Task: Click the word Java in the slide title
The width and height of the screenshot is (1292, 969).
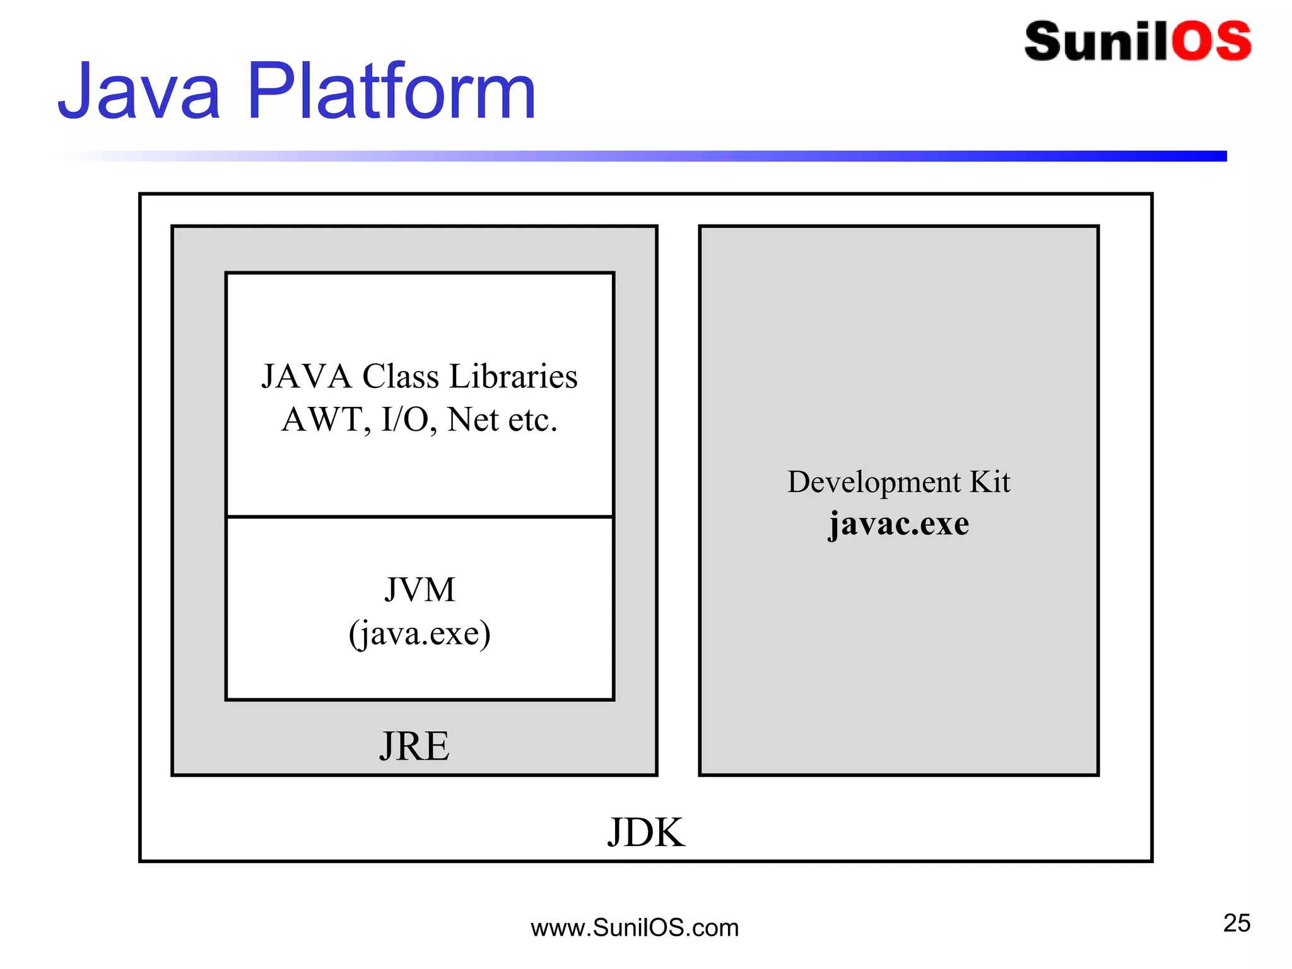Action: [x=139, y=91]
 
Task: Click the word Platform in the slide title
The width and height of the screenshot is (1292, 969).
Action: [x=391, y=91]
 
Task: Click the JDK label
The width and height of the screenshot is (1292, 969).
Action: [x=645, y=832]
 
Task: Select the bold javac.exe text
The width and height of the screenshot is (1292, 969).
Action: [x=898, y=524]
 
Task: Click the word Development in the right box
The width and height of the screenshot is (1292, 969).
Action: [x=874, y=483]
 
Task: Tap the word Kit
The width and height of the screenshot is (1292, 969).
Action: [x=990, y=482]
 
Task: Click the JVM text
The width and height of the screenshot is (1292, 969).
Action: [x=420, y=590]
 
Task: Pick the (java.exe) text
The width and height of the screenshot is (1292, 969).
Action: [x=420, y=633]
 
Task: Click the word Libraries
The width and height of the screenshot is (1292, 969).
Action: [x=513, y=377]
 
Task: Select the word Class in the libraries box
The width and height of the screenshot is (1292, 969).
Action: [x=400, y=377]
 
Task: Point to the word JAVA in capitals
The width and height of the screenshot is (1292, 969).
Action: [x=306, y=377]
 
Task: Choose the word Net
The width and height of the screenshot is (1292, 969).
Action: [x=474, y=420]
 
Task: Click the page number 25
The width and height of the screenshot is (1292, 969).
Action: [x=1236, y=923]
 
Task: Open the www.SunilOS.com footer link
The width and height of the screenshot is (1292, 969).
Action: [x=634, y=928]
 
